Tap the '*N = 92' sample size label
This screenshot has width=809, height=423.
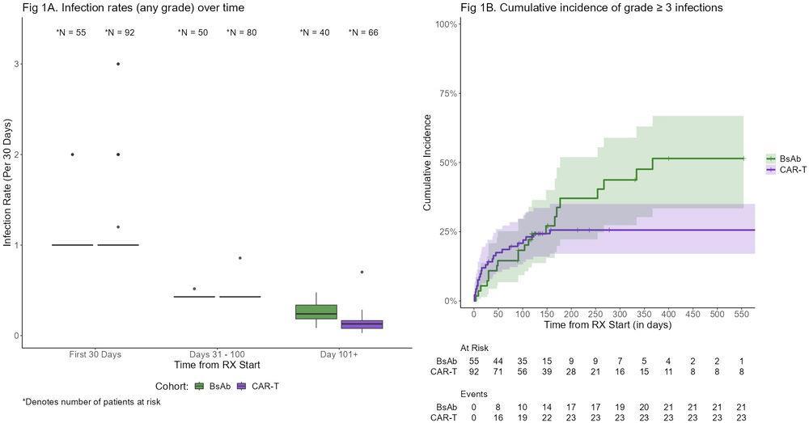coord(118,33)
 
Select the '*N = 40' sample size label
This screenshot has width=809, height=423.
coord(313,33)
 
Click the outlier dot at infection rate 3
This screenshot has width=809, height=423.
coord(118,64)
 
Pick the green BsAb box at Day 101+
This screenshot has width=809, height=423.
coord(316,312)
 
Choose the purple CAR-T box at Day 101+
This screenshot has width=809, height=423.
coord(361,324)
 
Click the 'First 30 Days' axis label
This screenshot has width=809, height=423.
coord(95,354)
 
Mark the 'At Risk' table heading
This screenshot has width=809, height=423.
coord(474,348)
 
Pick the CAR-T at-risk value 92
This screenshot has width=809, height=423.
coord(475,372)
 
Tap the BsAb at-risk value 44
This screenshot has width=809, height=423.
coord(499,361)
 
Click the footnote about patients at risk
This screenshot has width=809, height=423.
coord(91,402)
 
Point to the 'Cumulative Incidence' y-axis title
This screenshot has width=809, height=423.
coord(428,163)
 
